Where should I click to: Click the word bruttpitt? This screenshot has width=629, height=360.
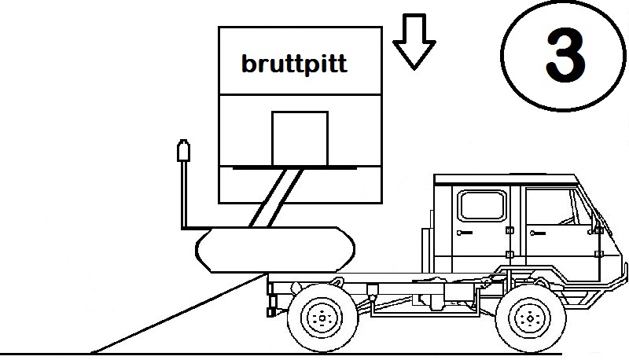pyautogui.click(x=293, y=63)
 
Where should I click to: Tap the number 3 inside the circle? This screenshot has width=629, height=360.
pyautogui.click(x=565, y=56)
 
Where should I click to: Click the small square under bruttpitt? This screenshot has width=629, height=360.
pyautogui.click(x=300, y=138)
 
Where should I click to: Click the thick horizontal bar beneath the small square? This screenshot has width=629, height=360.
pyautogui.click(x=300, y=167)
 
